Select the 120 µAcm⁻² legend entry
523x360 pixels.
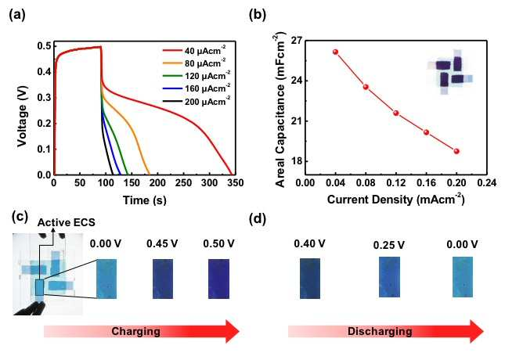197,76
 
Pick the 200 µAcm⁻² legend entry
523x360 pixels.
197,101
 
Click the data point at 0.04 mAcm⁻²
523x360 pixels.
336,52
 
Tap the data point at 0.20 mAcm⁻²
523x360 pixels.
456,151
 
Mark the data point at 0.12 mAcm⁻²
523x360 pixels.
396,113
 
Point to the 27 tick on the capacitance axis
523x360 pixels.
296,41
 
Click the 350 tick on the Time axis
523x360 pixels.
236,183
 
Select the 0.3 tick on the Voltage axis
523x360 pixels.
44,98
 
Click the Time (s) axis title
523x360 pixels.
144,200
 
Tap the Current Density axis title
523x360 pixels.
396,200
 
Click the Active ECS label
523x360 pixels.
66,222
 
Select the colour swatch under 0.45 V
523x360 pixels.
163,279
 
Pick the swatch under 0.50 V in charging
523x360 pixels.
218,279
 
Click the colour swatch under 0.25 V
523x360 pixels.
389,277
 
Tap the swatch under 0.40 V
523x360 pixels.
310,279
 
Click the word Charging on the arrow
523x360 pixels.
135,331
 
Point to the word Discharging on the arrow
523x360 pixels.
380,331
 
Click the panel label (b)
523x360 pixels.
258,16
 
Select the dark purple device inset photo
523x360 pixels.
450,72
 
